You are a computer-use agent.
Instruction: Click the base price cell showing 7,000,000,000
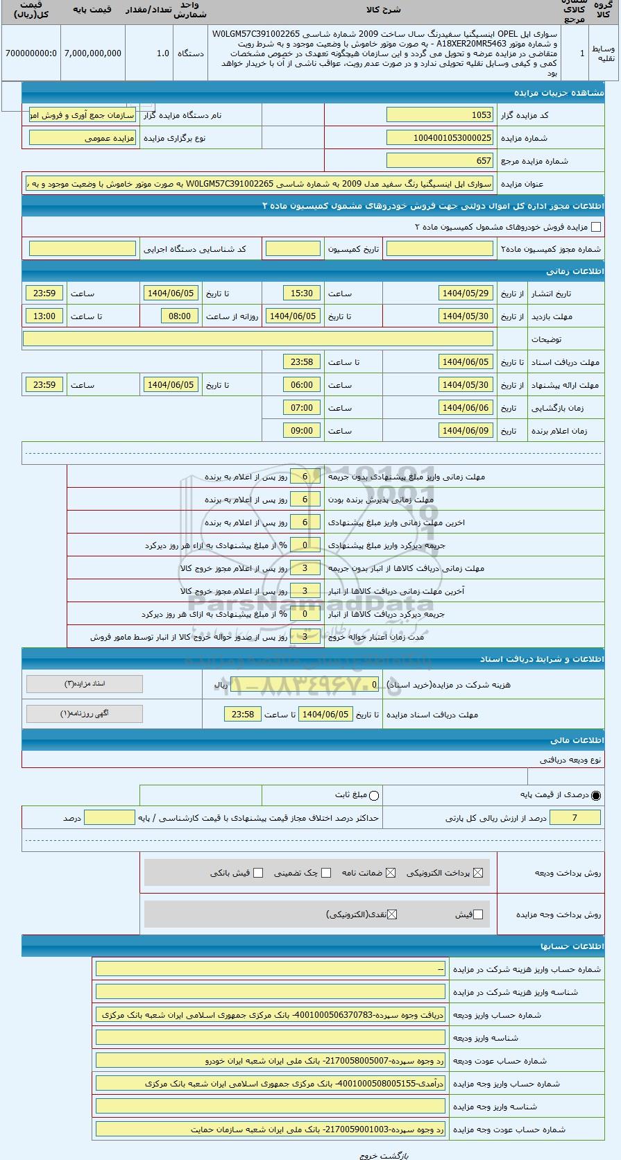(92, 53)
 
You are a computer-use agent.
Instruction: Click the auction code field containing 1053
(440, 115)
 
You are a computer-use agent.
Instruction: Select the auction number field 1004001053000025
(440, 138)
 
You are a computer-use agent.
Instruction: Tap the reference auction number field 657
(440, 161)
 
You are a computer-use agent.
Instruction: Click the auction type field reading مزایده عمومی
(83, 138)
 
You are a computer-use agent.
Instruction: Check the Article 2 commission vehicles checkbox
(595, 227)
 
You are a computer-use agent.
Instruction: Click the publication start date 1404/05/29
(466, 293)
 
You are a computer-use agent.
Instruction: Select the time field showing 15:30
(302, 293)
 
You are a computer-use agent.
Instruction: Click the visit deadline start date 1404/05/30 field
(466, 316)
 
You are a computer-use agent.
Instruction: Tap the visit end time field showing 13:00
(44, 316)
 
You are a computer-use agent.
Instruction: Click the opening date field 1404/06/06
(466, 408)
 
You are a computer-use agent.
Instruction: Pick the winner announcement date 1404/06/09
(466, 431)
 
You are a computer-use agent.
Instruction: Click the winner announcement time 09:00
(302, 431)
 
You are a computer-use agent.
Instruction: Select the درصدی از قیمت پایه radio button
(596, 795)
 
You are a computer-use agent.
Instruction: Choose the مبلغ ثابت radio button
(374, 795)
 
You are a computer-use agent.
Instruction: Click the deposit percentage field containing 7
(575, 818)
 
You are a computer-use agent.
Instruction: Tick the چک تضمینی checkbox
(326, 873)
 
